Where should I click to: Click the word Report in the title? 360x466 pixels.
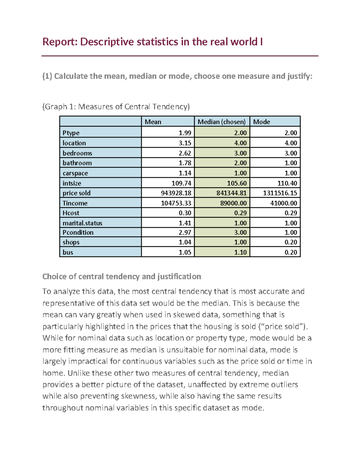click(x=60, y=42)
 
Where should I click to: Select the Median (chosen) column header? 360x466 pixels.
click(x=221, y=122)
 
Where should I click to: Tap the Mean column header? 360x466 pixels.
click(x=153, y=122)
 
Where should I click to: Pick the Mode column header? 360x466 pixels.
click(x=261, y=122)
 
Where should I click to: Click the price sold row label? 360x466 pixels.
click(x=76, y=193)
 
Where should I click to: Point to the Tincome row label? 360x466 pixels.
click(x=75, y=203)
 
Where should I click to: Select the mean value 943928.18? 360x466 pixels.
click(x=176, y=193)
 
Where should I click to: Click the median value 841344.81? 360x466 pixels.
click(x=231, y=193)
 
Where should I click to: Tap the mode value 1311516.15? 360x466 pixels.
click(x=280, y=193)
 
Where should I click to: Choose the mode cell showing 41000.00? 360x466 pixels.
click(x=283, y=203)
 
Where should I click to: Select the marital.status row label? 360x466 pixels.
click(x=82, y=223)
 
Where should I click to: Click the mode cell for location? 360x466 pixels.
click(x=291, y=143)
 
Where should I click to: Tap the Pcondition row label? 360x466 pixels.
click(x=78, y=233)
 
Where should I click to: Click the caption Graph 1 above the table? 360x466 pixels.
click(x=116, y=107)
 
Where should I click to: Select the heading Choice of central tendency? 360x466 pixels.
click(x=121, y=276)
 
